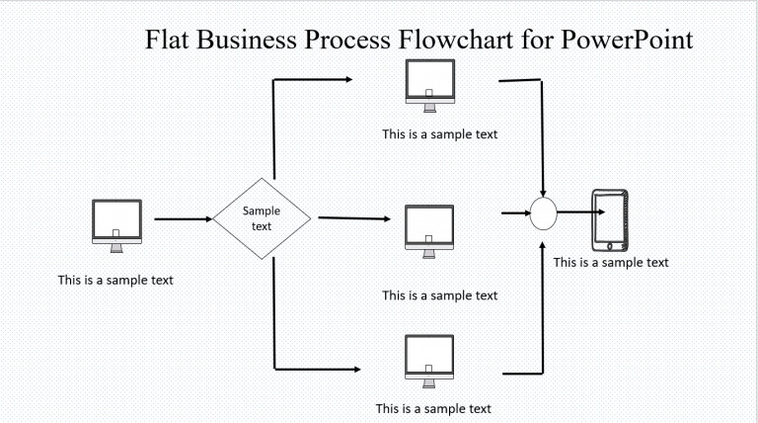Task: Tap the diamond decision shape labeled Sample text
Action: tap(262, 218)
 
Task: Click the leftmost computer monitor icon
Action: tap(115, 221)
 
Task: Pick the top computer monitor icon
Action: tap(429, 83)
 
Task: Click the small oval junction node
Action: tap(544, 213)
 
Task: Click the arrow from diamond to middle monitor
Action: tap(355, 217)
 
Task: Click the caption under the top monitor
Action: tap(440, 134)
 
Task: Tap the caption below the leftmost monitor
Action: tap(115, 280)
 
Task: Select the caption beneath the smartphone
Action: tap(611, 262)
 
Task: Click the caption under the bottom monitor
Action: tap(433, 408)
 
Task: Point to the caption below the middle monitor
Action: tap(440, 296)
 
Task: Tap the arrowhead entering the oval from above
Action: tap(544, 192)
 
